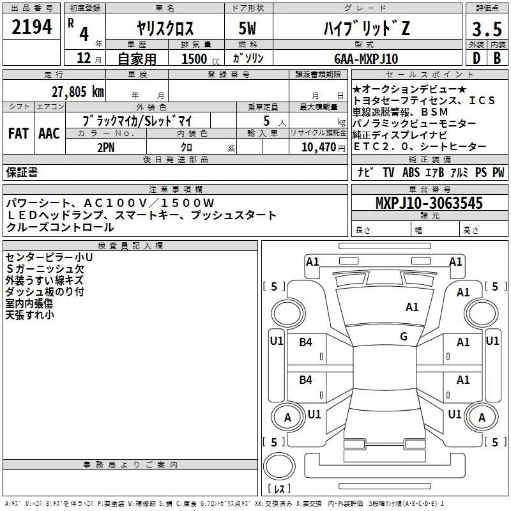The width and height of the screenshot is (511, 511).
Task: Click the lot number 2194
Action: pyautogui.click(x=31, y=27)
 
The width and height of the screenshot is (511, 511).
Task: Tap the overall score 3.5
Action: pyautogui.click(x=487, y=29)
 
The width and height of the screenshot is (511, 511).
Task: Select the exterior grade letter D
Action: pyautogui.click(x=476, y=58)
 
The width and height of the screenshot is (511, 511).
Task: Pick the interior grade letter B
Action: pyautogui.click(x=498, y=58)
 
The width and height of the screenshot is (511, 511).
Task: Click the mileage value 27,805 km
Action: pyautogui.click(x=77, y=92)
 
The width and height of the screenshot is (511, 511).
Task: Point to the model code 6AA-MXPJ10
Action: pyautogui.click(x=366, y=59)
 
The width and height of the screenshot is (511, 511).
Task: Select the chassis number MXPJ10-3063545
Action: pyautogui.click(x=429, y=203)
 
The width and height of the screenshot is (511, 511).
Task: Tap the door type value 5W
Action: pyautogui.click(x=247, y=28)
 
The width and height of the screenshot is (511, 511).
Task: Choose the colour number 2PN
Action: pyautogui.click(x=106, y=148)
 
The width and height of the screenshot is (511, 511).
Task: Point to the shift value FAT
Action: pyautogui.click(x=19, y=133)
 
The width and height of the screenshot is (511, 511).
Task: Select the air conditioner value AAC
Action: pyautogui.click(x=49, y=133)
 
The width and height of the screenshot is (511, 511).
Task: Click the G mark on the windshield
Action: pyautogui.click(x=404, y=337)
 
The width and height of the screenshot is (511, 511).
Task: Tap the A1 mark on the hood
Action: pyautogui.click(x=412, y=307)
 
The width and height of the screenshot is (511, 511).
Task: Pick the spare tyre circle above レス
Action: pyautogui.click(x=279, y=466)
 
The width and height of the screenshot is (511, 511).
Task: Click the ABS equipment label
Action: pyautogui.click(x=411, y=172)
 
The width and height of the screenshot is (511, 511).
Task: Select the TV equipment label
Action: pyautogui.click(x=388, y=172)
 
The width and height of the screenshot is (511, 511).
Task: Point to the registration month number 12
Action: pyautogui.click(x=84, y=58)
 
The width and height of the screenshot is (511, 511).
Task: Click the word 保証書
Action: pyautogui.click(x=22, y=172)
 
